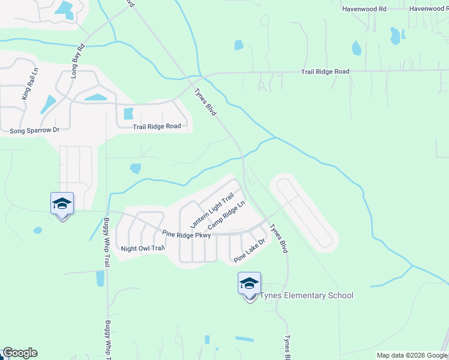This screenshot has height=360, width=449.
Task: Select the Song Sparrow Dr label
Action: click(35, 130)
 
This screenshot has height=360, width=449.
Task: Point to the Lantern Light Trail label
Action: click(211, 211)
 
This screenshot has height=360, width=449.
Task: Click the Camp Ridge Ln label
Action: click(226, 215)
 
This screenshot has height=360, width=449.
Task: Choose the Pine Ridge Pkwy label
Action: click(186, 234)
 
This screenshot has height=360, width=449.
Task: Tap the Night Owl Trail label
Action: click(142, 248)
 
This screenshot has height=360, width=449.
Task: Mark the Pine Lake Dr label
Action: click(249, 251)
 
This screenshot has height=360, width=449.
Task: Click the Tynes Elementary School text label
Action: click(306, 295)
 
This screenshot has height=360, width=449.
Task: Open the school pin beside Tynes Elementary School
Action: click(249, 284)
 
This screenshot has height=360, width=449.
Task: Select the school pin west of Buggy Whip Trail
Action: click(62, 205)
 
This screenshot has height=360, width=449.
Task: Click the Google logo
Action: click(20, 353)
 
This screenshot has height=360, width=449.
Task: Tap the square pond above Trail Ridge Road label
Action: click(128, 113)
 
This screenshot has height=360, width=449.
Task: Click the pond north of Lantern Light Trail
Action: click(136, 169)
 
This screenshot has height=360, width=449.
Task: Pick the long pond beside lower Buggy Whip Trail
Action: click(100, 279)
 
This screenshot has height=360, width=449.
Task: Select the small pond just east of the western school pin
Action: click(38, 230)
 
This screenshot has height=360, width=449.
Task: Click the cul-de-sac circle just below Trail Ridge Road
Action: click(262, 86)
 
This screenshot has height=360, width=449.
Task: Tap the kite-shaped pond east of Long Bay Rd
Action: click(48, 104)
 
